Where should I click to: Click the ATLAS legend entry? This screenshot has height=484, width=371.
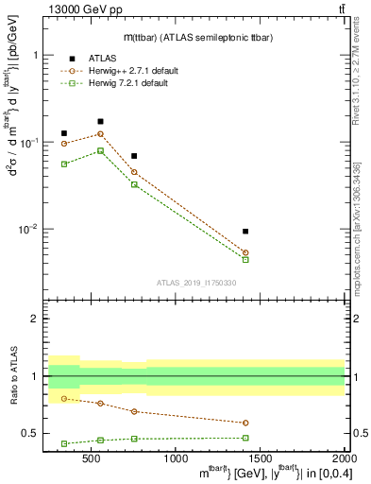coord(102,58)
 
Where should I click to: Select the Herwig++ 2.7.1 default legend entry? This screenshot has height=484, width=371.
coord(126,71)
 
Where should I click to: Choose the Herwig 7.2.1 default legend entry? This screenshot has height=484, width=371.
coord(123,84)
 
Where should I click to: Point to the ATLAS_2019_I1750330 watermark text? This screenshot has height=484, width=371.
coord(196,282)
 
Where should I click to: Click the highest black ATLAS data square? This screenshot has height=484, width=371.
coord(101,121)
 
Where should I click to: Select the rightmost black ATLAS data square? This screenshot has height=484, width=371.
coord(245,231)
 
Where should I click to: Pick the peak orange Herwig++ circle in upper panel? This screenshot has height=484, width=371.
coord(101,134)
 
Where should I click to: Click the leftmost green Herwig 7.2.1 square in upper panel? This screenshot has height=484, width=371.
coord(64,164)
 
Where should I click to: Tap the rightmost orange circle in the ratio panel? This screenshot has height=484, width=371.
coord(245,423)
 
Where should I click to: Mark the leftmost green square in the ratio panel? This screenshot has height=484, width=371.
coord(64,443)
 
